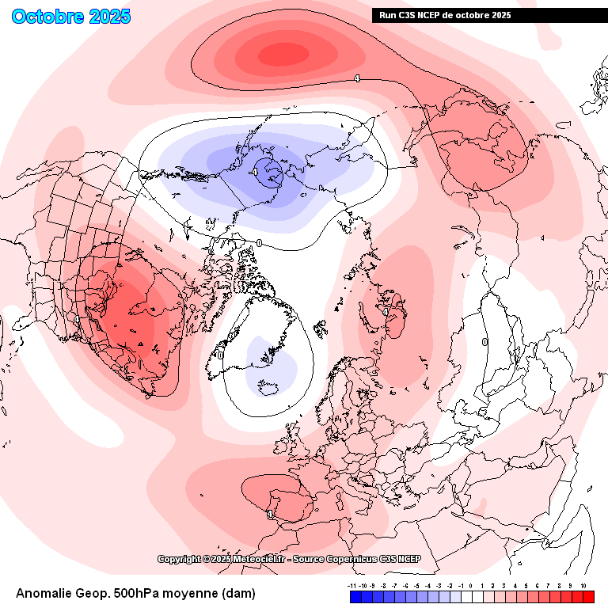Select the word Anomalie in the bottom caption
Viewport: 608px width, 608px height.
pos(47,593)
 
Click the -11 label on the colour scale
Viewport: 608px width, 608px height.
pos(352,586)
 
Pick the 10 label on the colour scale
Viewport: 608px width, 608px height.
pos(583,586)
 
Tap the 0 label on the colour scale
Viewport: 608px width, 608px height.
pos(469,586)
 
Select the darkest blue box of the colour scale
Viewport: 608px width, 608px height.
pos(355,597)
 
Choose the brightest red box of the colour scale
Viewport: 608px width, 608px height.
pos(587,597)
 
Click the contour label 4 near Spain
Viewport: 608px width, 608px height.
pos(271,514)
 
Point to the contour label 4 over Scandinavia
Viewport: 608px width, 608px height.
pos(386,312)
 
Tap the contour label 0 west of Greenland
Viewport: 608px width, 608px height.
pos(221,356)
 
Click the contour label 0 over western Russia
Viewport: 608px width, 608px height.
pos(484,342)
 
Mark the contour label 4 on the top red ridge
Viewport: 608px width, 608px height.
pos(357,78)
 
